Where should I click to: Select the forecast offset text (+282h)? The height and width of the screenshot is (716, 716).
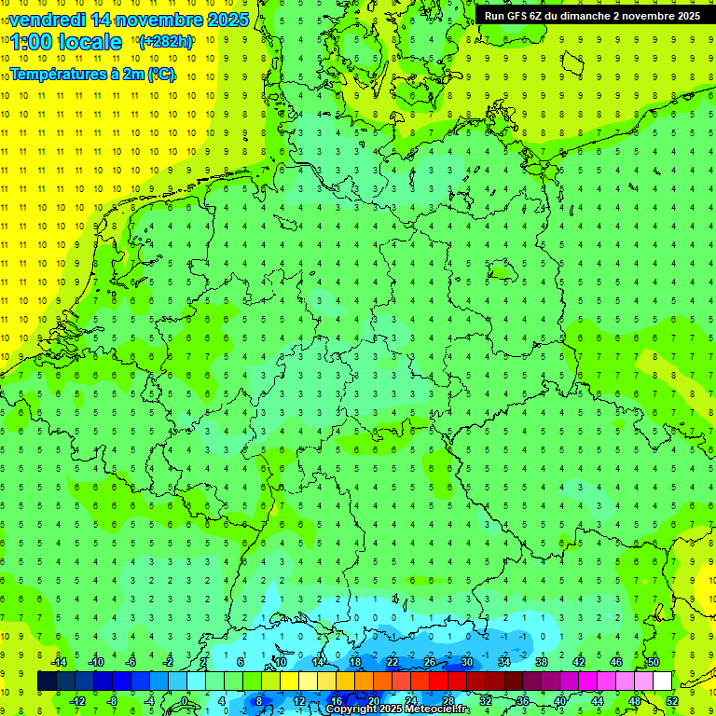pos(165,42)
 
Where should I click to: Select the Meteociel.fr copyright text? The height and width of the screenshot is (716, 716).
pos(397,709)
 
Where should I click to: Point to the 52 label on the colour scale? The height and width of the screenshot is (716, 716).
pos(672,701)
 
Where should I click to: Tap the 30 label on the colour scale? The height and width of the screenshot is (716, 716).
pos(466,662)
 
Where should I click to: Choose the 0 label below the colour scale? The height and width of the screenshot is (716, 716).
pos(184,701)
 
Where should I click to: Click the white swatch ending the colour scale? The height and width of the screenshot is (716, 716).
pos(662,682)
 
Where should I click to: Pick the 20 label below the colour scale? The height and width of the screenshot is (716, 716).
pos(373,701)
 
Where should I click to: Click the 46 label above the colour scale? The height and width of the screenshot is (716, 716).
pos(615,662)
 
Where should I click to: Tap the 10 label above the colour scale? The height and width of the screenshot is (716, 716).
pos(280,662)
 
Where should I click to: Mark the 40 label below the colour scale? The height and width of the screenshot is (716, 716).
pos(559,701)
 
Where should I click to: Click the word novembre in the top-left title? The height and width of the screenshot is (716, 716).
pos(149,20)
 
